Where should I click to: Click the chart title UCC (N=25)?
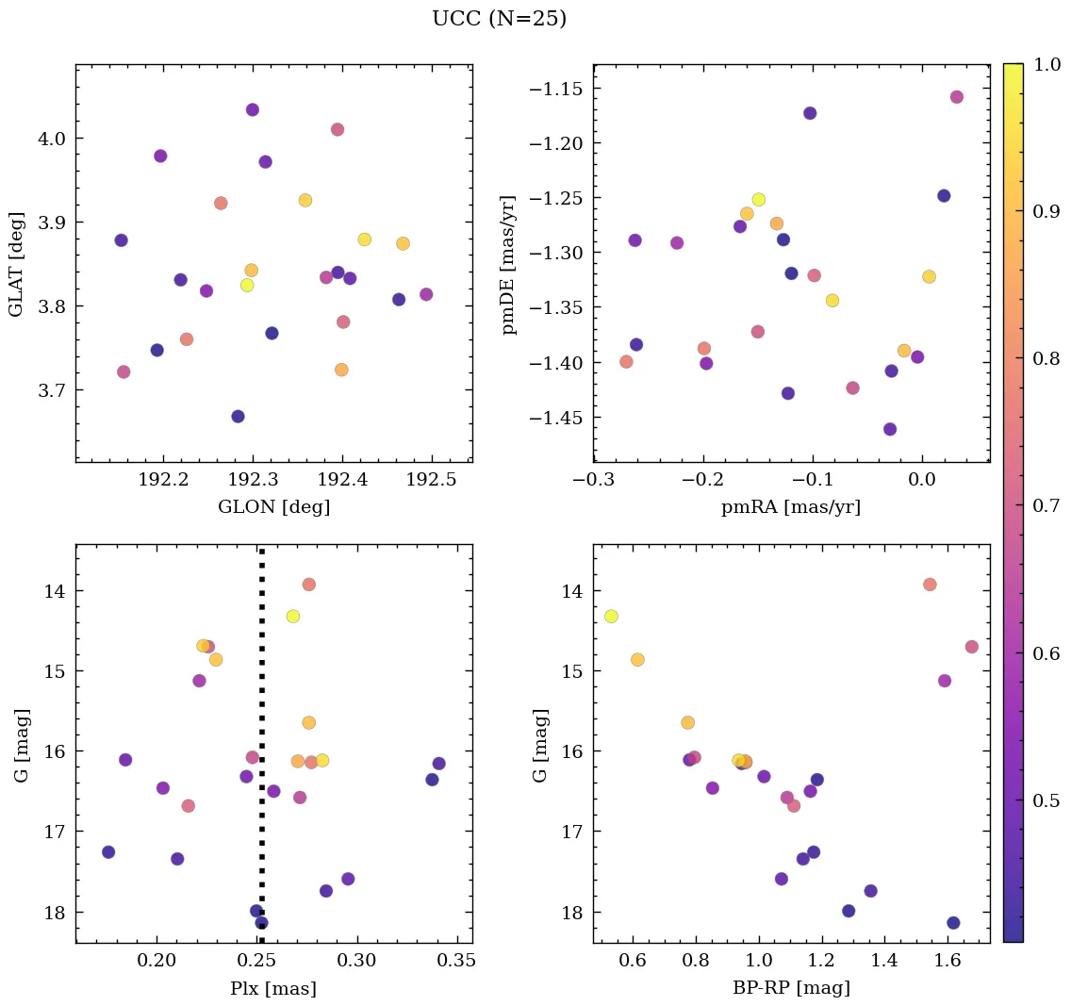pos(499,19)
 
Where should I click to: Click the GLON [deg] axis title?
pos(273,507)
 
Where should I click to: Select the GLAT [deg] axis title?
pos(16,263)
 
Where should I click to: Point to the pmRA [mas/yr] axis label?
pos(790,507)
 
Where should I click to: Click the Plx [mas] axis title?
pos(273,988)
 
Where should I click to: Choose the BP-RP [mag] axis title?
pos(790,988)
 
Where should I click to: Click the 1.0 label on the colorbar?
pos(1046,64)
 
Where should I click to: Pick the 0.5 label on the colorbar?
pos(1046,800)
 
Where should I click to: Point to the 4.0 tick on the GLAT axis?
pos(51,139)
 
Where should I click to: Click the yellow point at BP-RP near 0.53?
pos(611,617)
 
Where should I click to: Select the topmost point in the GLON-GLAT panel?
pos(253,110)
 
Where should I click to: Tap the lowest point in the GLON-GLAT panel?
pos(238,417)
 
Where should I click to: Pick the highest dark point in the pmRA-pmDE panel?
pos(810,113)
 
